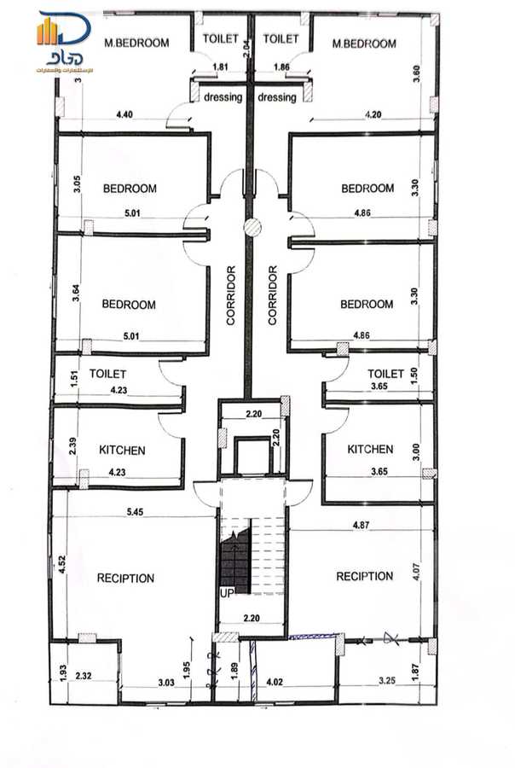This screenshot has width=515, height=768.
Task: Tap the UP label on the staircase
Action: pos(227,592)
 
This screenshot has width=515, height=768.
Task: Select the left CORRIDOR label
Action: pos(231,296)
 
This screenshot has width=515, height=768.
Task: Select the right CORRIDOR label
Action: pos(273,295)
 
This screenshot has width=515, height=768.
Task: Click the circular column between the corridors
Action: pos(252,226)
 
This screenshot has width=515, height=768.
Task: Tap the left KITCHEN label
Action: pos(122,450)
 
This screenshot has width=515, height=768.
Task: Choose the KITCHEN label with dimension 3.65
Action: pos(370,449)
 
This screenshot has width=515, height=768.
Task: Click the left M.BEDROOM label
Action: pos(135,43)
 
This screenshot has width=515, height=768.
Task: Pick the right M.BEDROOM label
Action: pos(364,44)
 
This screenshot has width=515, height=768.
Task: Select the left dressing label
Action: pos(223,97)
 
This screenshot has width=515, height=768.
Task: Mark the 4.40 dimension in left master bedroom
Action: pos(124,113)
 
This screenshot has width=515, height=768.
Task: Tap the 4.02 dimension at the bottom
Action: pos(275,682)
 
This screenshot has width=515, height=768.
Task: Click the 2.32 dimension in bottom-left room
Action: pos(84,676)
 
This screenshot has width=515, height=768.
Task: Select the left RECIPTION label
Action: pos(125,578)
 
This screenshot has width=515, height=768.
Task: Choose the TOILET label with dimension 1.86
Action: pos(281,38)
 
